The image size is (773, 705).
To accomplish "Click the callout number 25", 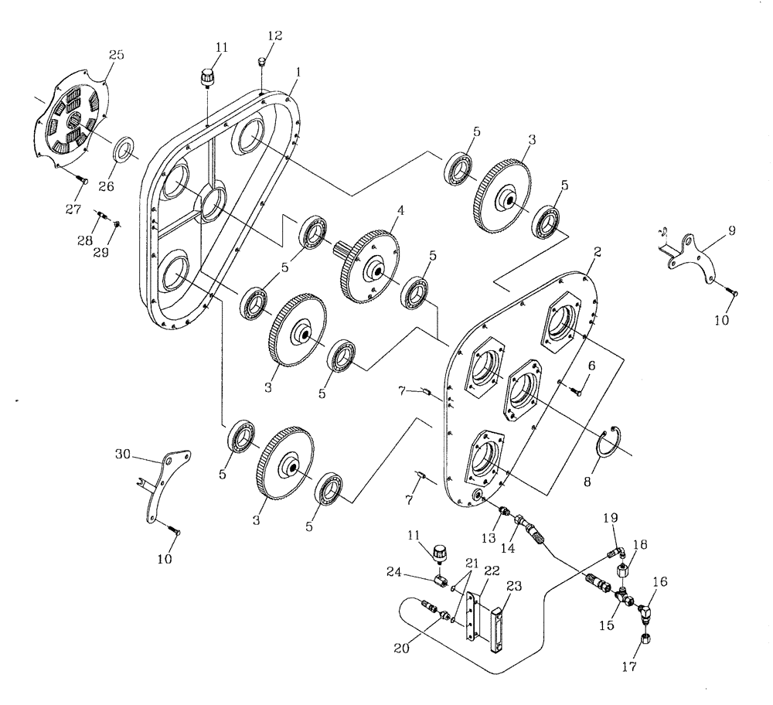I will tap(116, 55).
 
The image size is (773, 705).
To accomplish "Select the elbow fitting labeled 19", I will tap(617, 551).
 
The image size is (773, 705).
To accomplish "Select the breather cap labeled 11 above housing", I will tap(206, 77).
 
